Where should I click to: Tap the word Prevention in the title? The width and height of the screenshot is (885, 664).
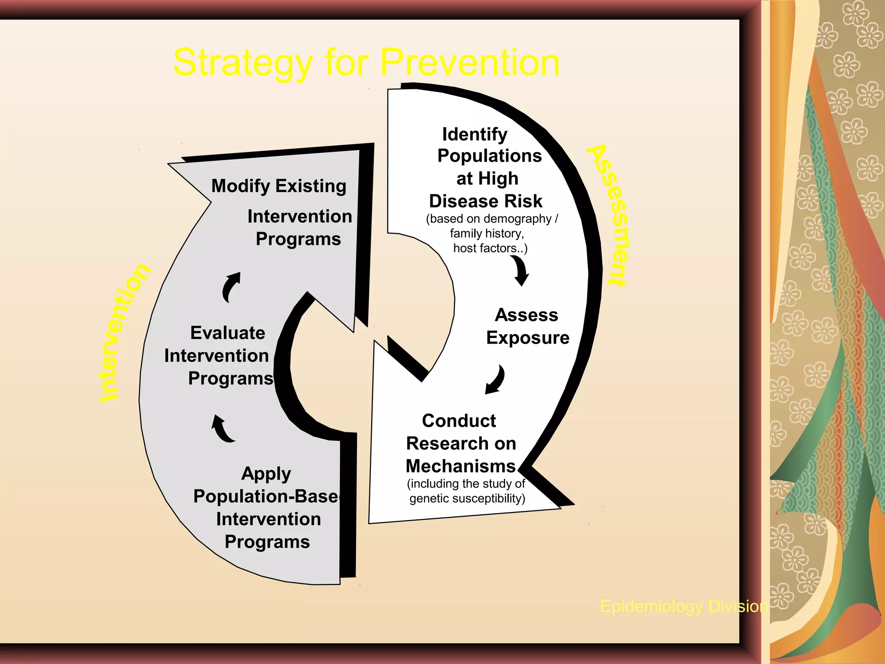[470, 62]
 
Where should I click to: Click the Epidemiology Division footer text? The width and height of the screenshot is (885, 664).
[684, 607]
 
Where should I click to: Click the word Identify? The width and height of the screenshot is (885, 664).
[474, 134]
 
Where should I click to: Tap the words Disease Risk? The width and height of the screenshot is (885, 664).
[485, 201]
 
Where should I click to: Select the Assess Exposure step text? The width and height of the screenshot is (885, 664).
[527, 326]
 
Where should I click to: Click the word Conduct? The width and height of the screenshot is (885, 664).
[459, 421]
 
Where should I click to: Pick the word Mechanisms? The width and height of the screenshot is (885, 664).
[461, 466]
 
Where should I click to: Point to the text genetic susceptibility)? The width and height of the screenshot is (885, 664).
[467, 498]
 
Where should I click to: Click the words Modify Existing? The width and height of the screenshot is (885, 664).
[279, 186]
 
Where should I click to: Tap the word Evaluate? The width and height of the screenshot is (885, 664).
[228, 333]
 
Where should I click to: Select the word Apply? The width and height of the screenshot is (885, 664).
[266, 474]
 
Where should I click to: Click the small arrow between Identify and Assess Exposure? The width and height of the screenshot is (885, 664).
[521, 271]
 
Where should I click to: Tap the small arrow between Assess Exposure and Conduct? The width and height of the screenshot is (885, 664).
[495, 380]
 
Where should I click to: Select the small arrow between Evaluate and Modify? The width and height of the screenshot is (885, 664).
[231, 287]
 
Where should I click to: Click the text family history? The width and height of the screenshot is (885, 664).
[487, 233]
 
